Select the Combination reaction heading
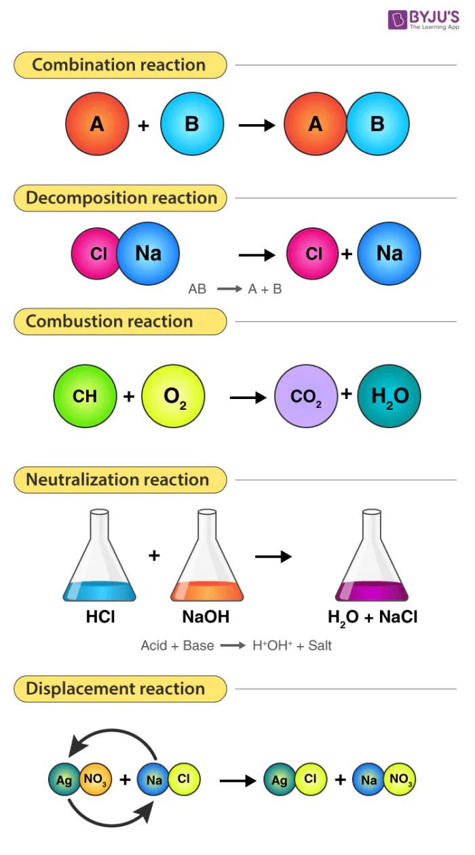tap(119, 65)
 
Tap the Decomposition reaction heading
tap(121, 198)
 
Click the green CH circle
tap(85, 395)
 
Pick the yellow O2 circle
tap(173, 395)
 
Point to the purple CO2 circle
tap(306, 396)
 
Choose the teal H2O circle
tap(389, 396)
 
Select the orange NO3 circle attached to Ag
tap(94, 780)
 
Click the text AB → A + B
tap(235, 289)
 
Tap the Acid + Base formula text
tap(236, 645)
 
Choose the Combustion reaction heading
tap(110, 321)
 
